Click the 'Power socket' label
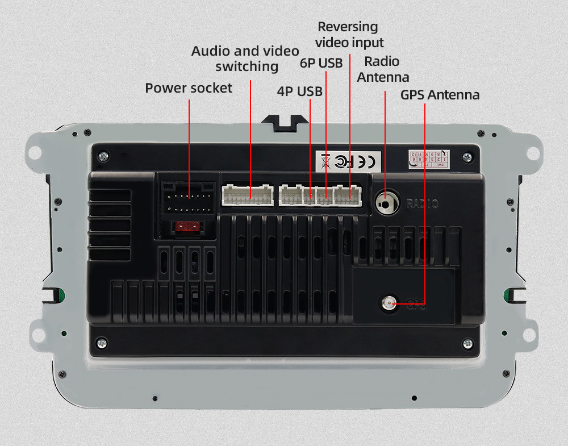pyautogui.click(x=189, y=88)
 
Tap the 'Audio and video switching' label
pyautogui.click(x=245, y=59)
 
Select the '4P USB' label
pyautogui.click(x=299, y=91)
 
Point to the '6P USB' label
pyautogui.click(x=321, y=63)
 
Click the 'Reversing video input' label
pyautogui.click(x=349, y=34)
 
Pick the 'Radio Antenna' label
pyautogui.click(x=383, y=69)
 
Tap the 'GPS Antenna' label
pyautogui.click(x=440, y=94)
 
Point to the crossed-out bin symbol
pyautogui.click(x=325, y=161)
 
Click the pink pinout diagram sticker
pyautogui.click(x=429, y=160)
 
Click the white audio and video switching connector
pyautogui.click(x=248, y=195)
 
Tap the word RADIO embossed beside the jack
pyautogui.click(x=421, y=203)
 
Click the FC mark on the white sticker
pyautogui.click(x=344, y=161)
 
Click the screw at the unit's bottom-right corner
pyautogui.click(x=468, y=343)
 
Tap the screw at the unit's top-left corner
pyautogui.click(x=102, y=155)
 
